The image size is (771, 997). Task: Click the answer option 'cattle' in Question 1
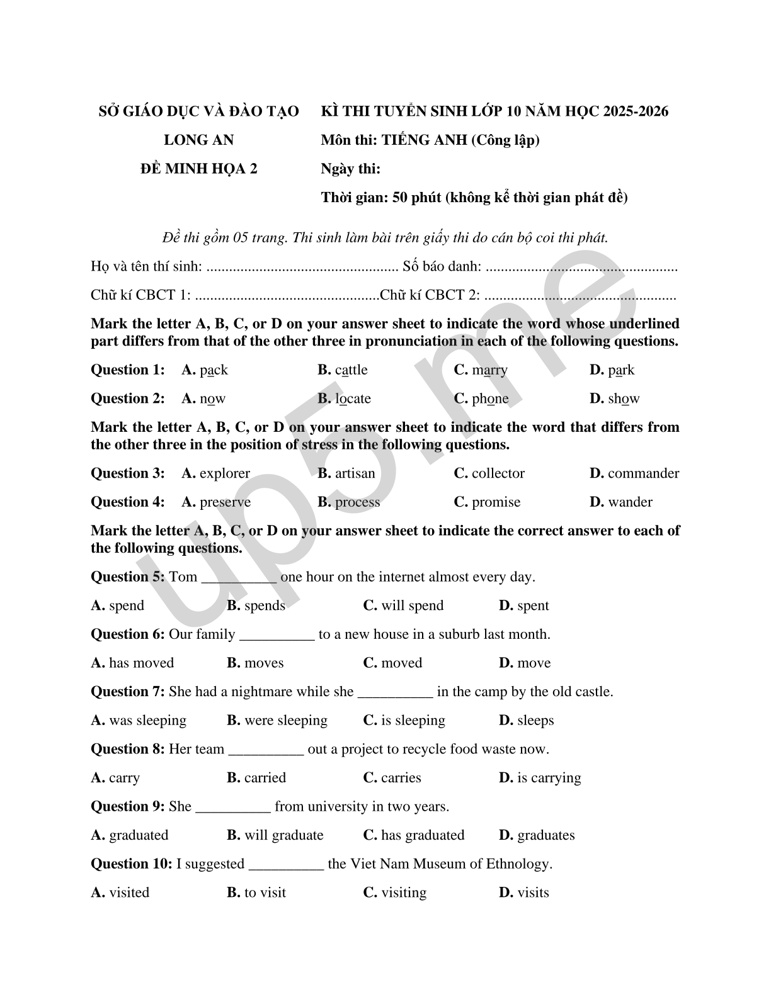click(x=351, y=370)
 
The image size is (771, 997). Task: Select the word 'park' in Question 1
click(x=621, y=370)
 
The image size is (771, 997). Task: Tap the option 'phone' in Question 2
click(x=490, y=399)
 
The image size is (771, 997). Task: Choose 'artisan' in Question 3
click(x=355, y=473)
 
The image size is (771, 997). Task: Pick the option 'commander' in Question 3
click(x=643, y=473)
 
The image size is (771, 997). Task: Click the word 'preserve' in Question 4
click(x=225, y=502)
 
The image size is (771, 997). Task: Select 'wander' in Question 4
click(x=630, y=502)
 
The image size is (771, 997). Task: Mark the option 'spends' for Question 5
click(x=265, y=606)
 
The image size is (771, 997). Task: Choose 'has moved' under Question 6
click(x=141, y=663)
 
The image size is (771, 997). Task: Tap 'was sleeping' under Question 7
click(x=147, y=721)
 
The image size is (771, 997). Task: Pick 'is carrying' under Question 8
click(x=549, y=778)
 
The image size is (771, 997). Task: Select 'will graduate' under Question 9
click(x=283, y=835)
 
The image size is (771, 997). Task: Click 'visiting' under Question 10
click(x=403, y=893)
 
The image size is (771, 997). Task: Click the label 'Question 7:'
click(x=128, y=692)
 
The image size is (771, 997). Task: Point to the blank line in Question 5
click(x=239, y=577)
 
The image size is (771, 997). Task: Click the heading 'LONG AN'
click(x=198, y=140)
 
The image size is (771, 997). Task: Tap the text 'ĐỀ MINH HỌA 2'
click(x=198, y=169)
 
